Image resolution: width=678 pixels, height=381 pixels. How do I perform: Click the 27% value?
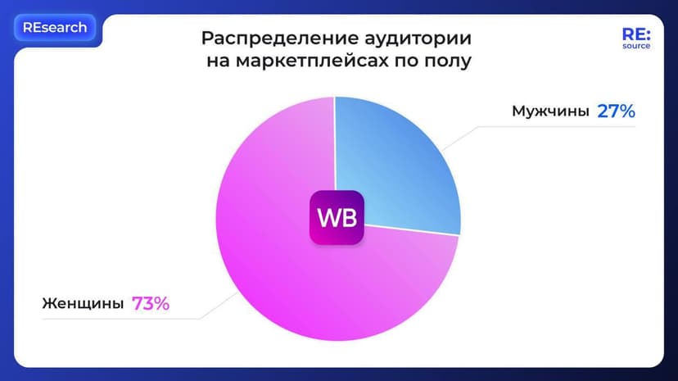pos(616,111)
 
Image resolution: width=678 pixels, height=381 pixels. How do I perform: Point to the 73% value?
pos(151,304)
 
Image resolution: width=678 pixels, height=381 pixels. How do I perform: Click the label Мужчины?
pos(549,111)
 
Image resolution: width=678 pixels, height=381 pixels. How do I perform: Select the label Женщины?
pos(83,304)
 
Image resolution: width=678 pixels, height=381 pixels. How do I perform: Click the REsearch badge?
pos(55,27)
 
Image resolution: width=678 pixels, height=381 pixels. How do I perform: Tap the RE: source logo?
pos(635,37)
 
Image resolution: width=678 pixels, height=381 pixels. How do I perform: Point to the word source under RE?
pos(635,46)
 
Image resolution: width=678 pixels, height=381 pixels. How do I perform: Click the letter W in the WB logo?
pos(327,219)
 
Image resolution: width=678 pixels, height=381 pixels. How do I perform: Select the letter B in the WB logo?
pos(347,219)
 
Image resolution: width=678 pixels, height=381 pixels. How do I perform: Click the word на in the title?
pos(218,61)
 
